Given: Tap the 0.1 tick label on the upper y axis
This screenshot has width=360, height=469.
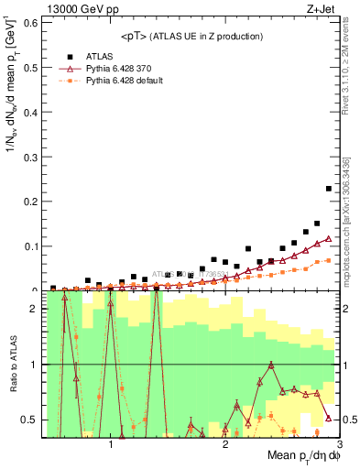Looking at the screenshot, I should click(28, 245).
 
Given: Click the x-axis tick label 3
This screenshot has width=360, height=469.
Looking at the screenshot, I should click(338, 444).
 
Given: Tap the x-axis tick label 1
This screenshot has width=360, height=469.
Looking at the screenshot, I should click(111, 444).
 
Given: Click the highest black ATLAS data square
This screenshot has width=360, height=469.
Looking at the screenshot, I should click(329, 189).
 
